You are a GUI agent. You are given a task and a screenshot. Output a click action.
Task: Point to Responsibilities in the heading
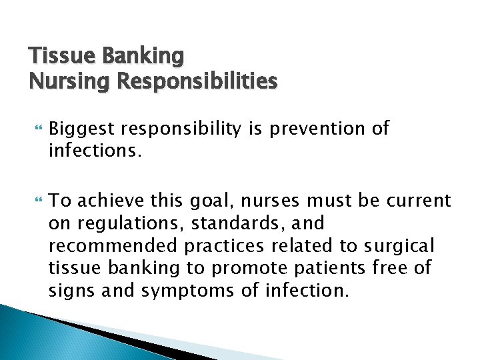[x=197, y=81]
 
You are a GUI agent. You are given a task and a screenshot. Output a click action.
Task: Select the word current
[x=417, y=200]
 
